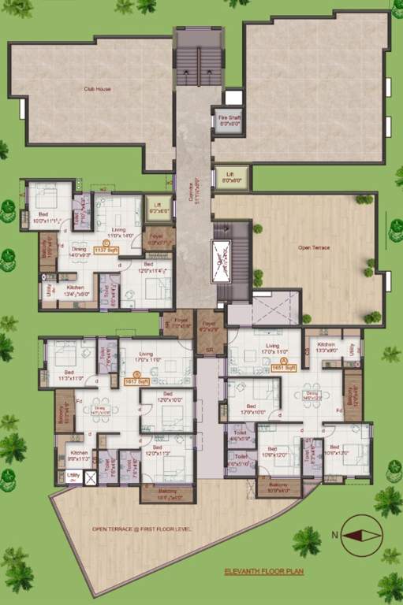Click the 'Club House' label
(x=97, y=89)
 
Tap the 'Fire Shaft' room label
(x=229, y=121)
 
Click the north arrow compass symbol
(x=361, y=535)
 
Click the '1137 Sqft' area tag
(x=106, y=250)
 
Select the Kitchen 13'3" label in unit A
(x=327, y=347)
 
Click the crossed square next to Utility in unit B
(x=91, y=477)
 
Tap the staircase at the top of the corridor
(x=188, y=67)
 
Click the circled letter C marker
(x=106, y=243)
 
